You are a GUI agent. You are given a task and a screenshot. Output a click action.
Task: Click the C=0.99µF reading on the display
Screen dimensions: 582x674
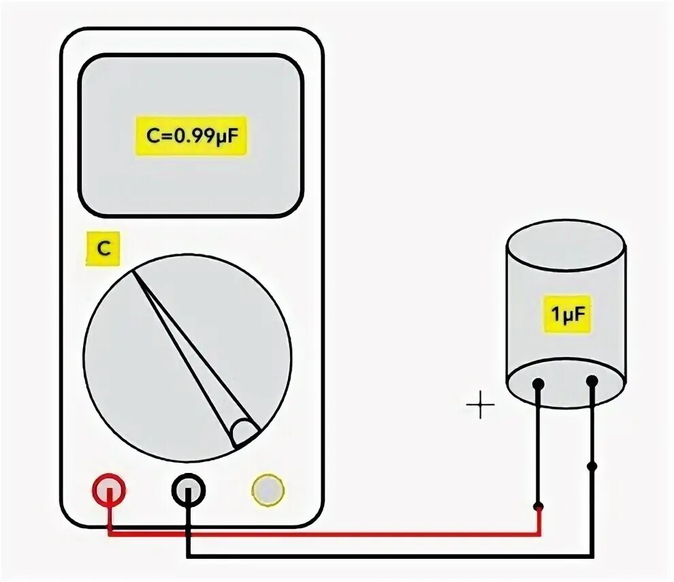coord(190,136)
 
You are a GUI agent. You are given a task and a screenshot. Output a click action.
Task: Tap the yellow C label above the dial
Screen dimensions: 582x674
coord(103,249)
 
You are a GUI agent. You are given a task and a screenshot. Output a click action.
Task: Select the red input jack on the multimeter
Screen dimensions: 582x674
coord(109,489)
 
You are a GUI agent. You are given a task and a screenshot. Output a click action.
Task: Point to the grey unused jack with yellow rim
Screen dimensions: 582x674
coord(268,489)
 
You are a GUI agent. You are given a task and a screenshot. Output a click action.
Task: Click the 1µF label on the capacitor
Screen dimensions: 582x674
coord(566,314)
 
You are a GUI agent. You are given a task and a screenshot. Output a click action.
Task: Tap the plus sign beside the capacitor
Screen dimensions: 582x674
coord(481,406)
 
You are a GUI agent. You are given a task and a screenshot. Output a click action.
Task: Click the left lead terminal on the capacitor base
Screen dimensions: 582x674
coord(539,384)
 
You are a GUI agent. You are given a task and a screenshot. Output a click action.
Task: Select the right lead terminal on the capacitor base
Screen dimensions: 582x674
coord(592,382)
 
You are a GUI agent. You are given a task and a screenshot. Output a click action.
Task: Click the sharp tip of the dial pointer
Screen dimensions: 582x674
coord(135,273)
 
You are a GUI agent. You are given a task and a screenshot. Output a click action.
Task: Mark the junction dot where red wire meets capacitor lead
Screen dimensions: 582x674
coord(539,506)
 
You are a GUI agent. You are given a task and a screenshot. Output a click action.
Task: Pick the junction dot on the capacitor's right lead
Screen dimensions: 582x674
coord(592,466)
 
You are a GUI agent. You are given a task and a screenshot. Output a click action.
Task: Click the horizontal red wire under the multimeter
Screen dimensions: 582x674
coord(327,534)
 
